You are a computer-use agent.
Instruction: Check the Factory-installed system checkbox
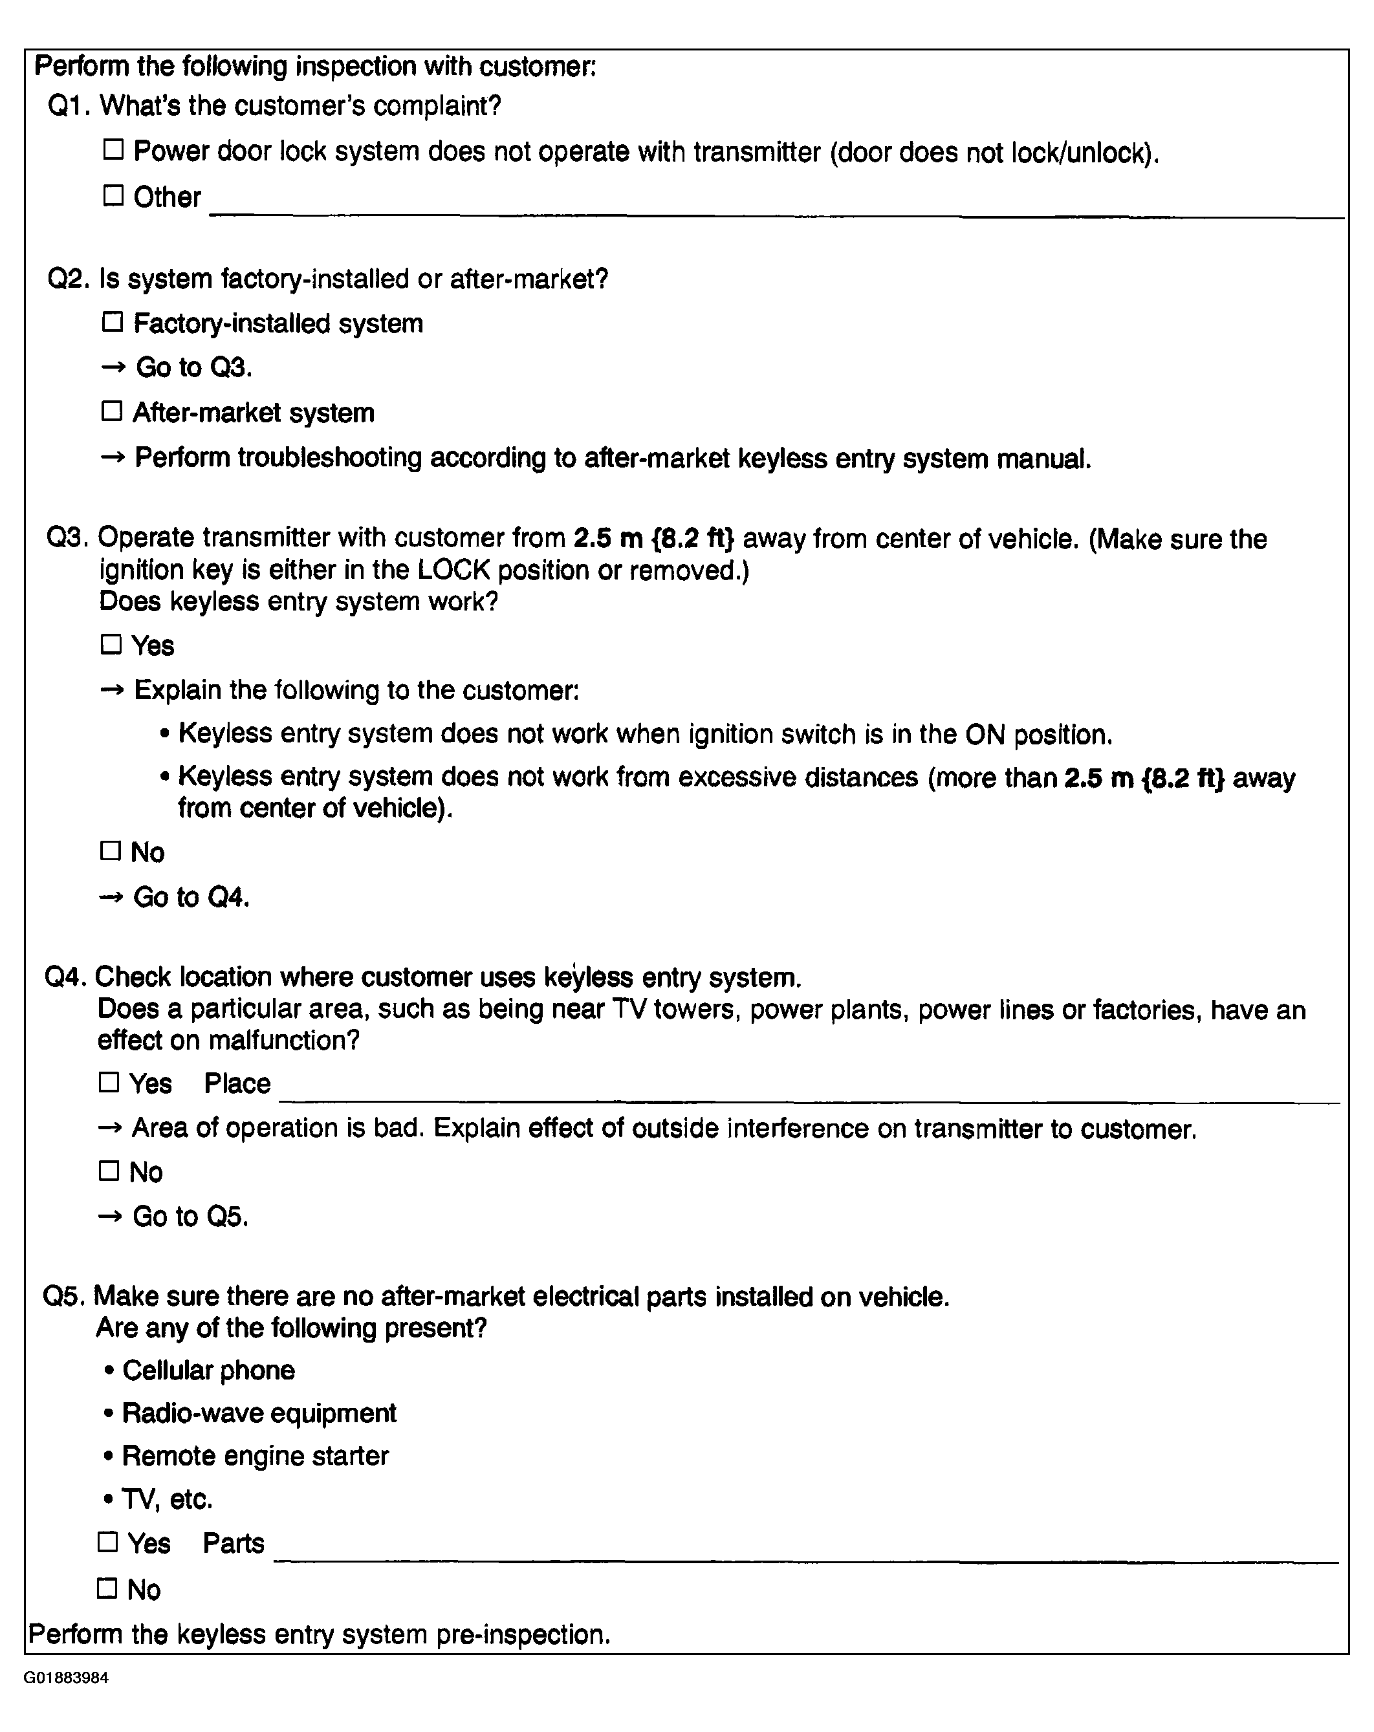113,322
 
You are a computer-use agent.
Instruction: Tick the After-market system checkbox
112,411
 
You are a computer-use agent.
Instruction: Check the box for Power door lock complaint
113,149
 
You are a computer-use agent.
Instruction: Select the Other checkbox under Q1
113,195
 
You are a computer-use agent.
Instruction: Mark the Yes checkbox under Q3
111,644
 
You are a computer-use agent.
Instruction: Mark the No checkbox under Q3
110,850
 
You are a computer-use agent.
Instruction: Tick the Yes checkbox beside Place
109,1082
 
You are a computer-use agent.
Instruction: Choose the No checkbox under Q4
109,1171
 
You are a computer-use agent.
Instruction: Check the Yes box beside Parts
107,1542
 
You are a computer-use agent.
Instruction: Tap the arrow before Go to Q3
113,367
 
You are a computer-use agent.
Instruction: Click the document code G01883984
66,1678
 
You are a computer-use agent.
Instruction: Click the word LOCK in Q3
453,570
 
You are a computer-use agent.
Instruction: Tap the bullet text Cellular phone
208,1370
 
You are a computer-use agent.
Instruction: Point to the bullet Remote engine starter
255,1456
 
